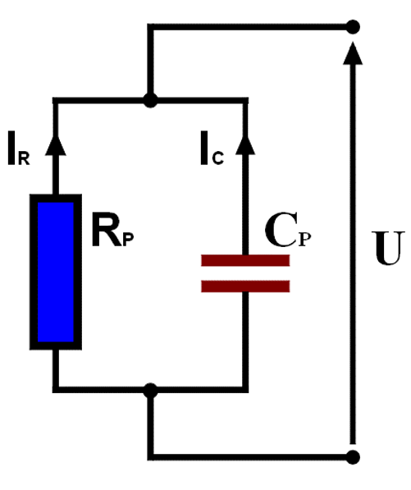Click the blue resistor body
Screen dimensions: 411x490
pyautogui.click(x=56, y=272)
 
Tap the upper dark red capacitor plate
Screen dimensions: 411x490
pyautogui.click(x=245, y=261)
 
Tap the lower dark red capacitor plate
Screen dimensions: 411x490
pyautogui.click(x=245, y=286)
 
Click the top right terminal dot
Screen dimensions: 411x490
pyautogui.click(x=353, y=27)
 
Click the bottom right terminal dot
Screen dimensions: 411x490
pyautogui.click(x=353, y=457)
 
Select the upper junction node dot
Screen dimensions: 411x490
pyautogui.click(x=150, y=101)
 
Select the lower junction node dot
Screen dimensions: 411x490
pyautogui.click(x=150, y=391)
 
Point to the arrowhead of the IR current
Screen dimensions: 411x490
pyautogui.click(x=56, y=144)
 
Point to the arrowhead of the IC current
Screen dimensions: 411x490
pyautogui.click(x=245, y=144)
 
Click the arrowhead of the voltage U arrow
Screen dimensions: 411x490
pyautogui.click(x=353, y=53)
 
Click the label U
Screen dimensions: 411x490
pyautogui.click(x=388, y=248)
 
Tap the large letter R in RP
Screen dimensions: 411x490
pyautogui.click(x=106, y=229)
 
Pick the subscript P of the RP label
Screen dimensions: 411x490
pyautogui.click(x=128, y=240)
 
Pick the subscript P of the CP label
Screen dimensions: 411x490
pyautogui.click(x=305, y=240)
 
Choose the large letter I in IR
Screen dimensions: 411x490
pyautogui.click(x=11, y=148)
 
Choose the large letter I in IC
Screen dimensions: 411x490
pyautogui.click(x=204, y=148)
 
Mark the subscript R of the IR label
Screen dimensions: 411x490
pyautogui.click(x=24, y=158)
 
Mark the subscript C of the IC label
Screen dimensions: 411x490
pyautogui.click(x=217, y=158)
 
